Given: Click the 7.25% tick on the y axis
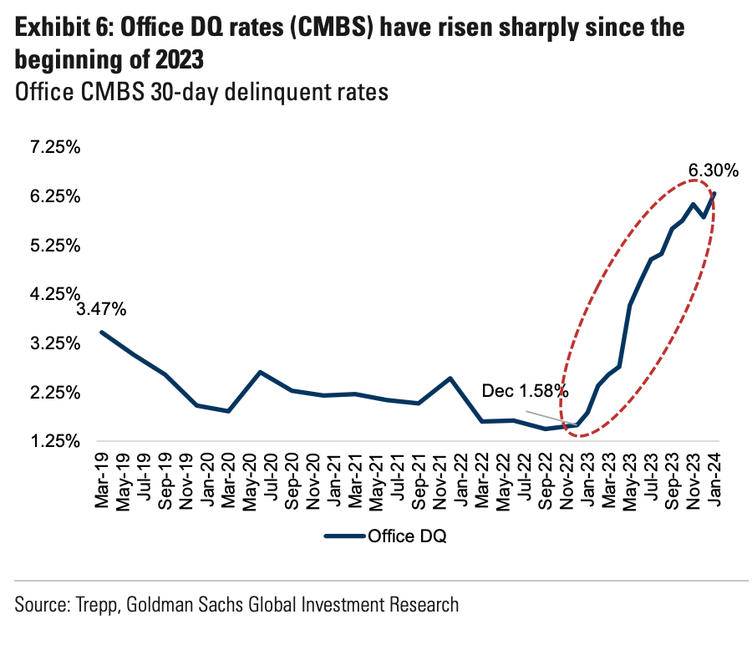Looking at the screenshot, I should pos(54,148).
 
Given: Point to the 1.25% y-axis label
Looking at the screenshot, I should pos(54,441).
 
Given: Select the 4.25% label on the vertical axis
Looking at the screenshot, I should pos(54,294).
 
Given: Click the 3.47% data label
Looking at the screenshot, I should pos(102,310).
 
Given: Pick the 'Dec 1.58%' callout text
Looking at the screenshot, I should pos(525,390).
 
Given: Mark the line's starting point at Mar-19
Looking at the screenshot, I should pos(102,333).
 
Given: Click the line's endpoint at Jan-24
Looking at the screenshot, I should pos(714,194).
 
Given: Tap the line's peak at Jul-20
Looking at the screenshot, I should pos(261,372).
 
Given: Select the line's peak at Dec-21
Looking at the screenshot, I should pos(451,378).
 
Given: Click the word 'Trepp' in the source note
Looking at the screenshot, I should pos(99,604).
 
